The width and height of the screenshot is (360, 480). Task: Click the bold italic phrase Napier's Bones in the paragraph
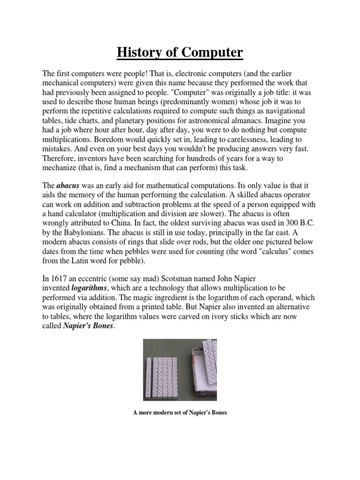pos(88,327)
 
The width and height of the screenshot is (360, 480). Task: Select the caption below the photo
pos(180,412)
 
